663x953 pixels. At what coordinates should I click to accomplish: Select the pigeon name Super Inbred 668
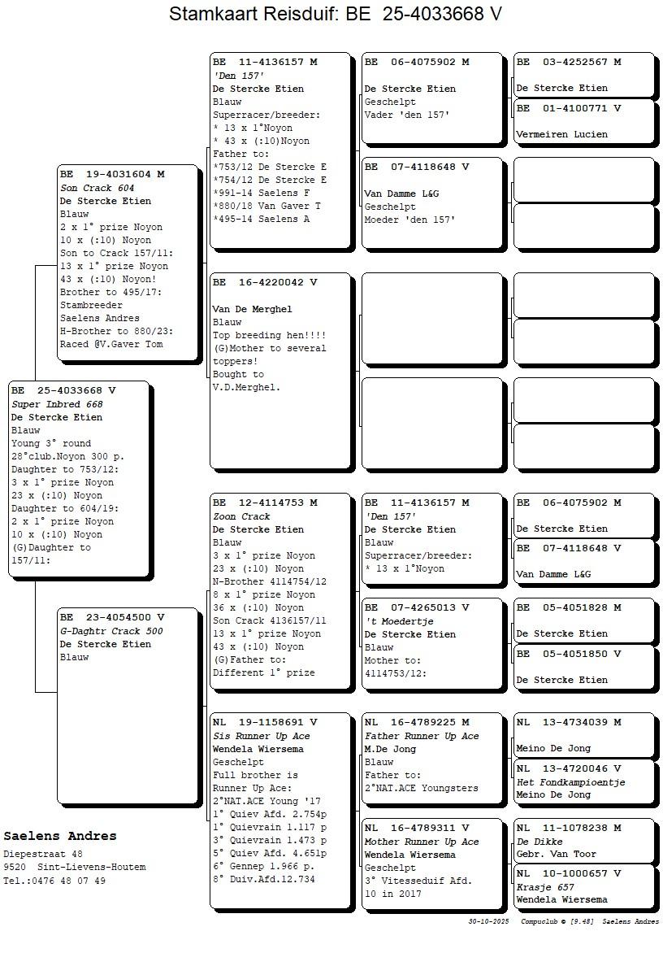[57, 404]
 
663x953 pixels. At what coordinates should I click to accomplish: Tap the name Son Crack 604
[97, 188]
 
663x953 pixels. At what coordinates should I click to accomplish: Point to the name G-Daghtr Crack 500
[111, 631]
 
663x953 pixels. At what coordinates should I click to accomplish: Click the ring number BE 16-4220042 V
[265, 282]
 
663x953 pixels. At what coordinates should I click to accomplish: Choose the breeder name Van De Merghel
[252, 309]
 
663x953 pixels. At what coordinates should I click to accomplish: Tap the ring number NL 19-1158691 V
[265, 722]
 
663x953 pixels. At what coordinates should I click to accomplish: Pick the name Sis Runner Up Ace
[261, 736]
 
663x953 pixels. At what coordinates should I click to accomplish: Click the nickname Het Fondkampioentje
[570, 782]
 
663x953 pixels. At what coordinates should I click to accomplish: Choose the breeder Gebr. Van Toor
[556, 854]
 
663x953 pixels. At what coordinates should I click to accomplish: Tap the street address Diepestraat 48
[43, 855]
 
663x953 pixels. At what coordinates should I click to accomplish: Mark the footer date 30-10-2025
[488, 921]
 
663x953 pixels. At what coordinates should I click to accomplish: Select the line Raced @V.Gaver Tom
[111, 344]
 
